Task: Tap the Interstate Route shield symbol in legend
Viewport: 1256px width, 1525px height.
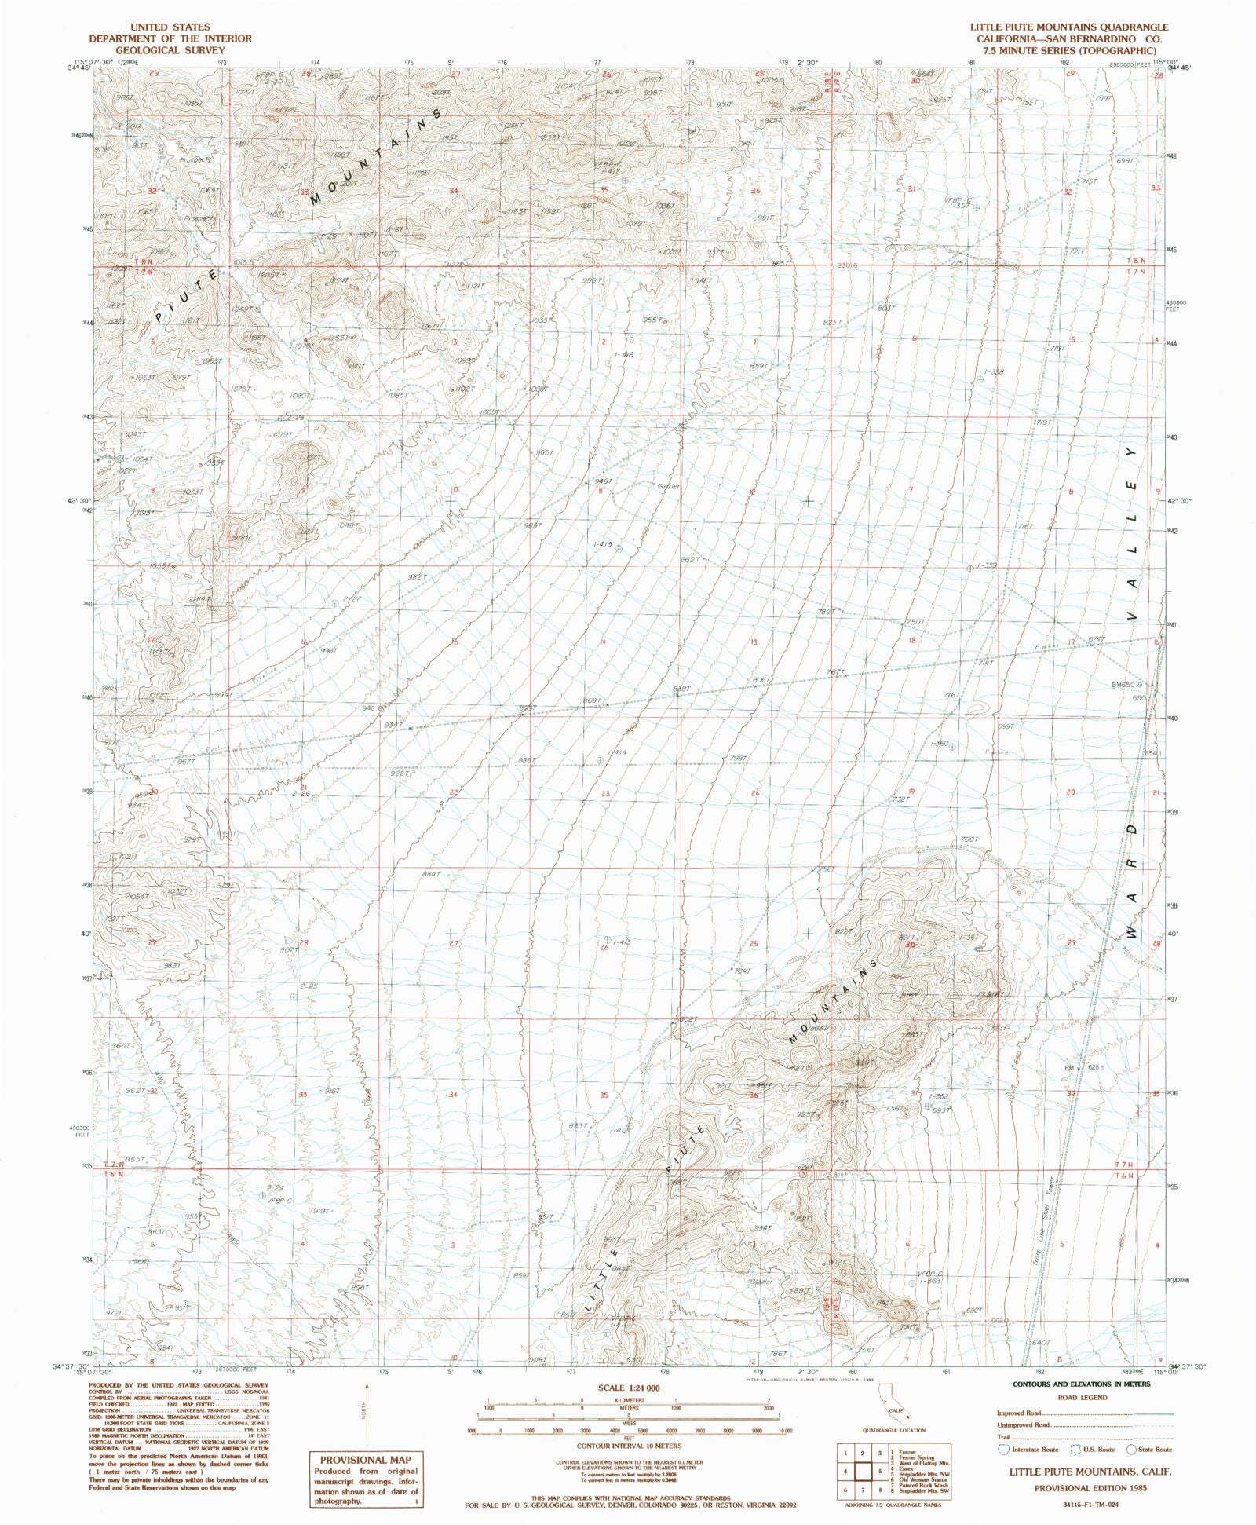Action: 1002,1450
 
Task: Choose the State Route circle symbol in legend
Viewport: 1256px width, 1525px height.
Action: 1131,1450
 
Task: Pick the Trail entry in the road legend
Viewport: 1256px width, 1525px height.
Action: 1005,1437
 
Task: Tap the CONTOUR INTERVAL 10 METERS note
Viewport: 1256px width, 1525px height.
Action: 630,1445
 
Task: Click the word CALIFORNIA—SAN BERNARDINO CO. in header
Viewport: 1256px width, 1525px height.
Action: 1069,38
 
